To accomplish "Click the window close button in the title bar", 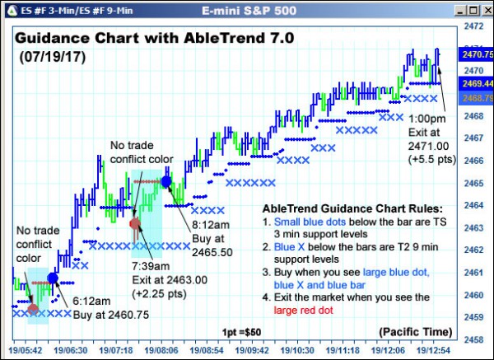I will coord(486,10).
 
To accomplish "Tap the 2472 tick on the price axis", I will coord(472,26).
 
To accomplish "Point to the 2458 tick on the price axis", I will coord(472,339).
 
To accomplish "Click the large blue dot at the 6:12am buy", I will coord(54,278).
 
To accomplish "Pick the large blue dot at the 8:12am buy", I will coord(166,180).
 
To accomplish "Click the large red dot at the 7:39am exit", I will coord(136,223).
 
